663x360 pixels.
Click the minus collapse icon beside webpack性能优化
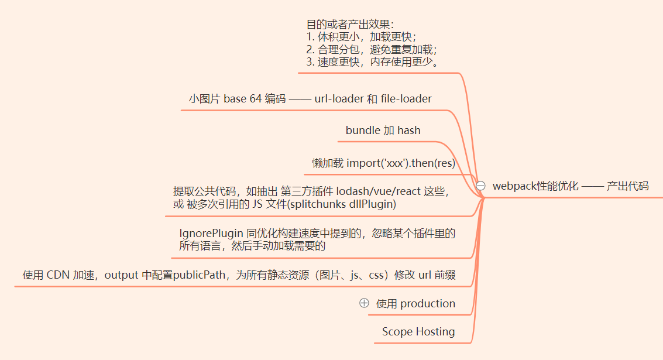481,186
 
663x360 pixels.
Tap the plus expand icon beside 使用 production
364,303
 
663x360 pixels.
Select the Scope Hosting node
418,331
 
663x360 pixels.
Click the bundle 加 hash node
383,130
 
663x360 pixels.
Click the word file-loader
406,98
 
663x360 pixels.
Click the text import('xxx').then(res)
401,163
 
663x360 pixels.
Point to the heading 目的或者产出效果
349,24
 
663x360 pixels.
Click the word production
428,303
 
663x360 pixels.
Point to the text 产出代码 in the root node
628,186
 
